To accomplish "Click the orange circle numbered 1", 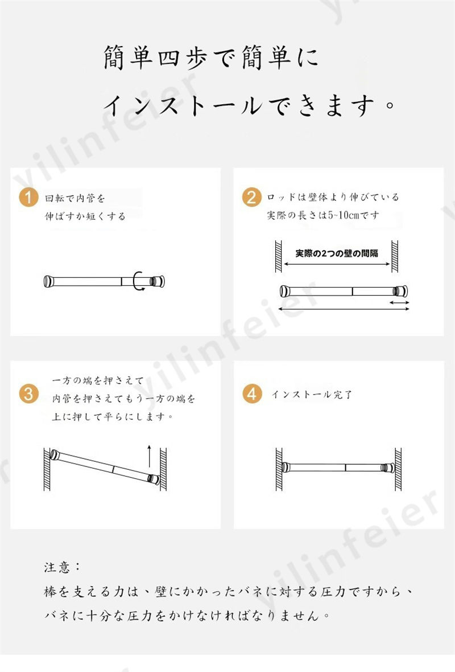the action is (28, 198).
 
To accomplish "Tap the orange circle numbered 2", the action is (251, 197).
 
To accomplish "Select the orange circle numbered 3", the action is (28, 394).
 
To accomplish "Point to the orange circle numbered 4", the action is (252, 394).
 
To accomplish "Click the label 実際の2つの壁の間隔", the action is (337, 253).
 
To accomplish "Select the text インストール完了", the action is (312, 394).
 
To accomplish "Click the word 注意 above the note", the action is (57, 567).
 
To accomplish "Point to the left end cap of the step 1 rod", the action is (48, 281).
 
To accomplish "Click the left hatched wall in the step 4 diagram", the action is (279, 469).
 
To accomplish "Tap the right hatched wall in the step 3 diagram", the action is (163, 469).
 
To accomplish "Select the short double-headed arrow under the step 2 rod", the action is (399, 302).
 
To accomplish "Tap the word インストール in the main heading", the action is (184, 105).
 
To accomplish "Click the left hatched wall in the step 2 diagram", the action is (278, 256).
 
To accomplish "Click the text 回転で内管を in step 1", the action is (75, 198).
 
